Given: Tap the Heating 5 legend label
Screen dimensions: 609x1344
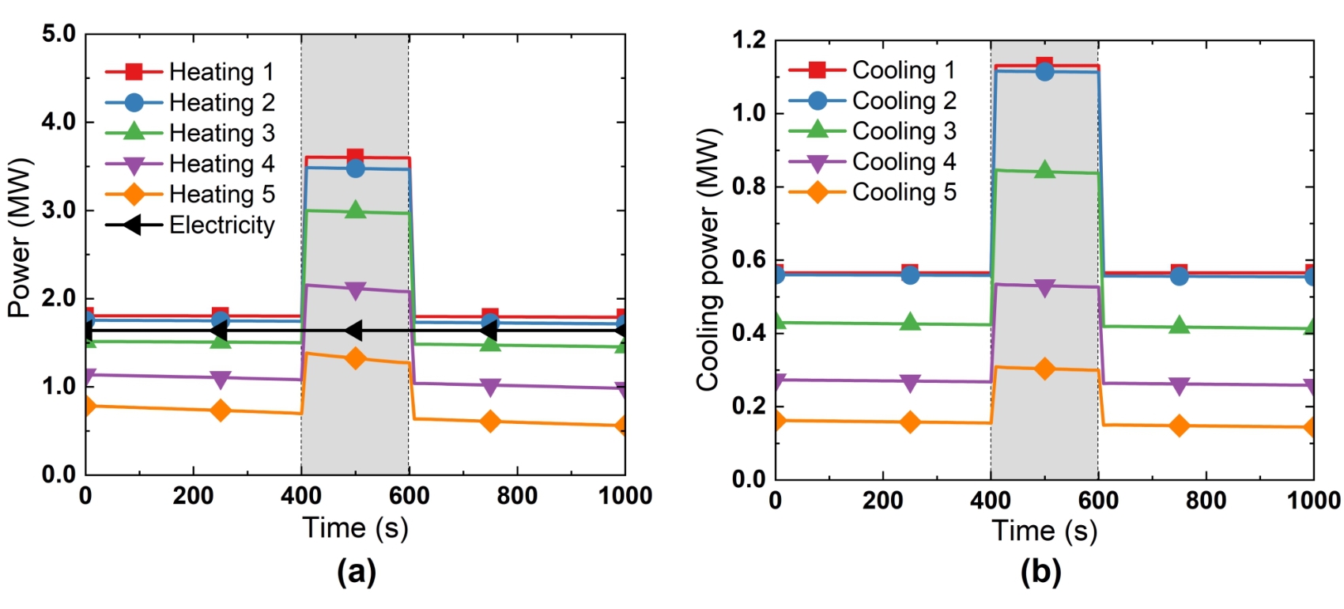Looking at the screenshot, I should tap(221, 195).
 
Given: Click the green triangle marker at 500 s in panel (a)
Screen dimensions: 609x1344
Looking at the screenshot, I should tap(355, 210).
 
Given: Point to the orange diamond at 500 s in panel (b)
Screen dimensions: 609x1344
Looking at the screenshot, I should tap(1044, 369).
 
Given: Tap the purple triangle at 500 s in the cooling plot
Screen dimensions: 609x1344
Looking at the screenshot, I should tap(1044, 288).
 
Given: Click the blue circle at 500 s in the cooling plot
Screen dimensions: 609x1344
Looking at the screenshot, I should tap(1044, 72).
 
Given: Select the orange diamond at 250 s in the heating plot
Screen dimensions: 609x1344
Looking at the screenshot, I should tap(221, 410).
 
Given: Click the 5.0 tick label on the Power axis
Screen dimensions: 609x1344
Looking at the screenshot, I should tap(59, 34).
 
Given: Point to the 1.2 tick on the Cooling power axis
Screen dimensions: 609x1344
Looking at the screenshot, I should tap(749, 40).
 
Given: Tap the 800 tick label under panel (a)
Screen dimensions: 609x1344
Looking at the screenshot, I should tap(517, 497).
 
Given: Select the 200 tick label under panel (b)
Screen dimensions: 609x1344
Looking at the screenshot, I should tap(883, 501).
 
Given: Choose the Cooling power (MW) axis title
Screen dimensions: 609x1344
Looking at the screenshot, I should tap(708, 259).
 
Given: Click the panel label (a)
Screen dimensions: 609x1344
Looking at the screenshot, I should tap(356, 571).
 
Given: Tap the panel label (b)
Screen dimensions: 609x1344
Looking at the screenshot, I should tap(1040, 571).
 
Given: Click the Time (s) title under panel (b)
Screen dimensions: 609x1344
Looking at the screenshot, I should tap(1044, 531).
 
